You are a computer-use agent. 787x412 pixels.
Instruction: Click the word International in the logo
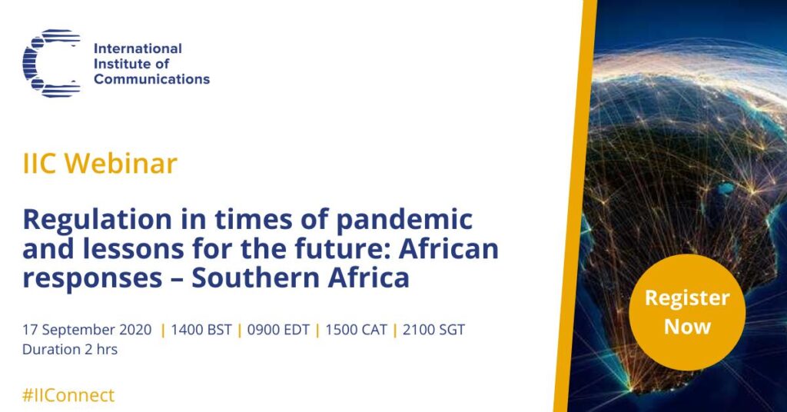[138, 48]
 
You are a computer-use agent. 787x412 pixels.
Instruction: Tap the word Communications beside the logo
[151, 79]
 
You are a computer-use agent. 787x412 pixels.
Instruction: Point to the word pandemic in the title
[404, 219]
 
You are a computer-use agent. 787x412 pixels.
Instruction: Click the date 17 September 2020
[87, 331]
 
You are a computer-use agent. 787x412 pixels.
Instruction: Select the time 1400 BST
[201, 330]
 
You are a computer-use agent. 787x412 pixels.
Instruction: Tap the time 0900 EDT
[278, 330]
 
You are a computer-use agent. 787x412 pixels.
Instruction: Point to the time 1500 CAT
[356, 330]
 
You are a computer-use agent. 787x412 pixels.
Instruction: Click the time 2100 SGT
[433, 330]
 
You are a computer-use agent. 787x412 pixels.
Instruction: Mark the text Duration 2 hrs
[70, 349]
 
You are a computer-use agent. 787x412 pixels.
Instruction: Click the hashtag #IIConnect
[68, 395]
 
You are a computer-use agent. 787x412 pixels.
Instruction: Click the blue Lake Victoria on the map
[725, 188]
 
